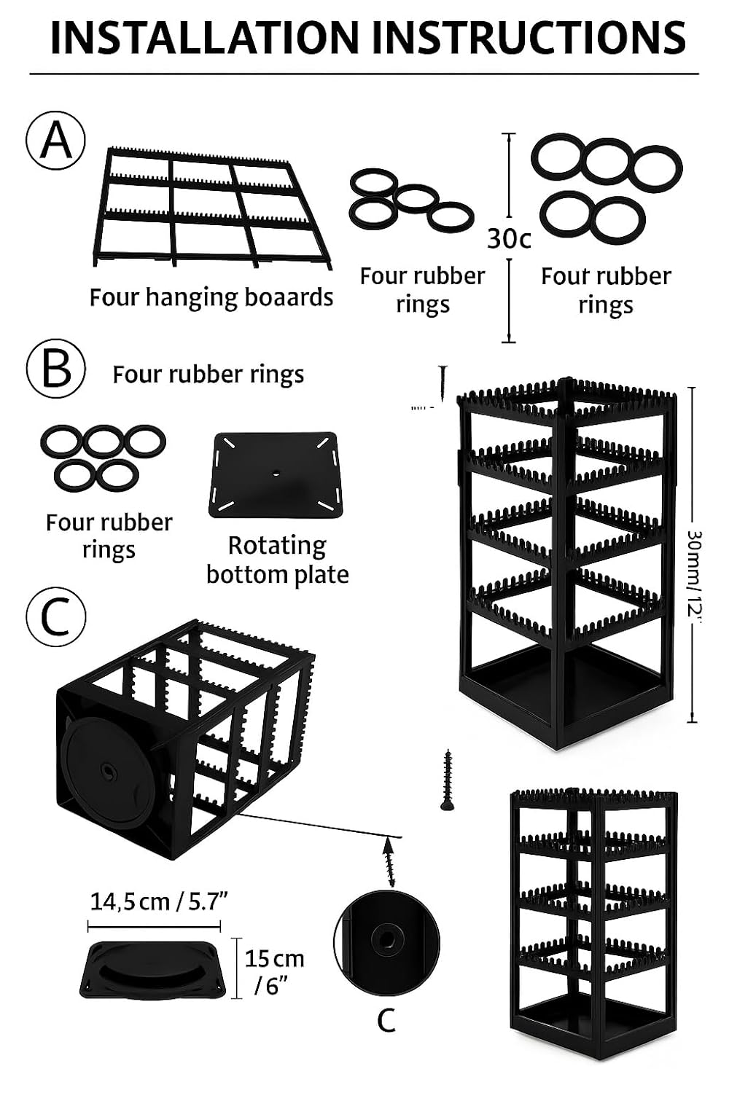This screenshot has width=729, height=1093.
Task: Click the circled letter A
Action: [x=56, y=141]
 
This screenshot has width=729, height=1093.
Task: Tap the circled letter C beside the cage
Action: [x=56, y=617]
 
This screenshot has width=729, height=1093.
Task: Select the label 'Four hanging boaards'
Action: [x=211, y=297]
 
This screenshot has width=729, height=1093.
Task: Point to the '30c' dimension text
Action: [x=509, y=238]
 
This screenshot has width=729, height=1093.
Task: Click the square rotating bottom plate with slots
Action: [x=276, y=475]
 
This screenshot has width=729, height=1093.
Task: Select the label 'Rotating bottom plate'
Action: [x=277, y=560]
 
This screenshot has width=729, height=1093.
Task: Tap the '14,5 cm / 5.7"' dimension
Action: [x=159, y=901]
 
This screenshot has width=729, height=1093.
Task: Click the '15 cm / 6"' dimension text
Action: [x=273, y=971]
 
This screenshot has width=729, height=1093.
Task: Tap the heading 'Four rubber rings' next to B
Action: [x=208, y=375]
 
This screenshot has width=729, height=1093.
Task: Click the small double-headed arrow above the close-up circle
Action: [x=391, y=861]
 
